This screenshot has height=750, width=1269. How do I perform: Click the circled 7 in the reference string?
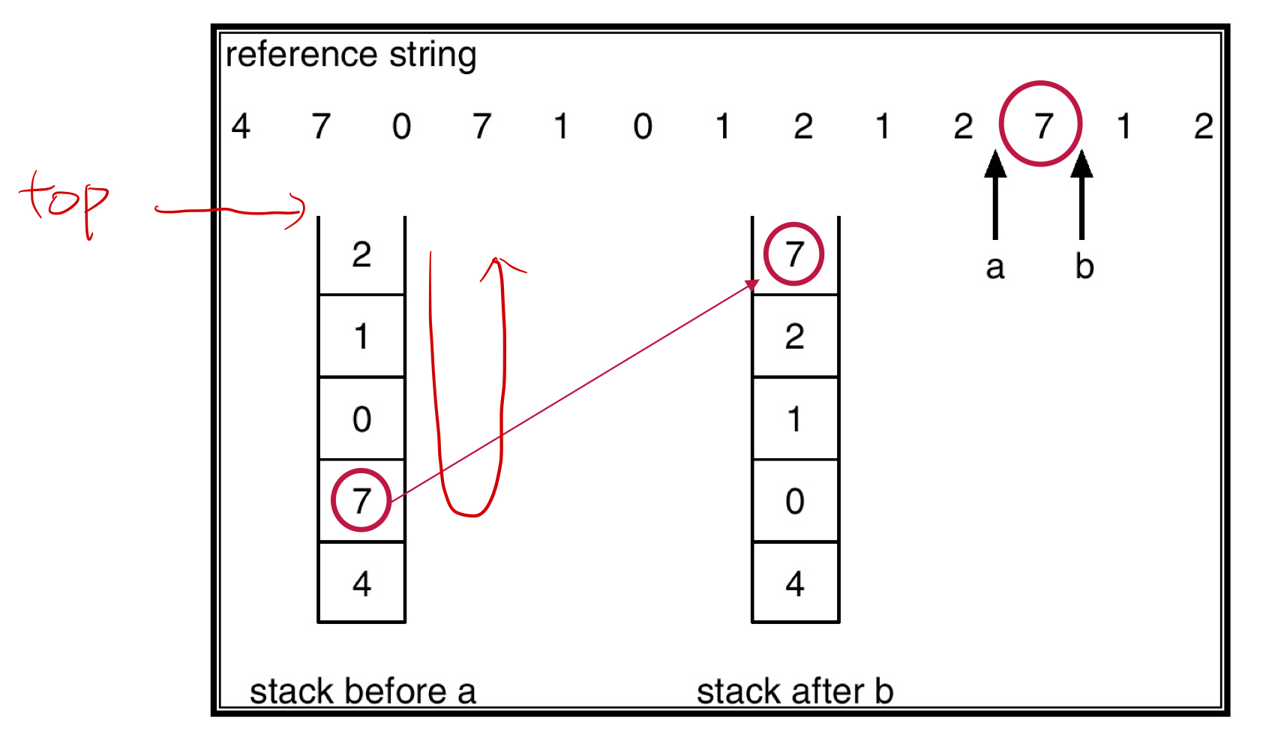[1041, 124]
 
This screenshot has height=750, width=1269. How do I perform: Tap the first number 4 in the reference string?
[241, 126]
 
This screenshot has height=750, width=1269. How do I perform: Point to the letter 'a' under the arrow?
[994, 267]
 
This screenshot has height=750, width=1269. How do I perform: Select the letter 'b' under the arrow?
[1084, 266]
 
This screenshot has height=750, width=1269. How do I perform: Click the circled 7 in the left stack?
[361, 500]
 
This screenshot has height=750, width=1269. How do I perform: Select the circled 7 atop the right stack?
[794, 254]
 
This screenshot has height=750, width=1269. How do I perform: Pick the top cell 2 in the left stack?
[361, 255]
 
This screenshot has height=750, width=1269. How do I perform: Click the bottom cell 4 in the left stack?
[361, 583]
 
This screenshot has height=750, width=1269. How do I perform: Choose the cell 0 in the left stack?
[361, 418]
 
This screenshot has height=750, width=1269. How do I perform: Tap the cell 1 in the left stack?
[361, 337]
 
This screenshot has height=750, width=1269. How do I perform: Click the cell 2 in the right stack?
[795, 337]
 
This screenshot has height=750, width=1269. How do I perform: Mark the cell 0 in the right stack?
[795, 501]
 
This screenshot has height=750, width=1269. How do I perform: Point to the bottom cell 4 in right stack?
[795, 583]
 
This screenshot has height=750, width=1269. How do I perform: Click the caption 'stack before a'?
[362, 691]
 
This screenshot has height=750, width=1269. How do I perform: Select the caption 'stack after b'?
[795, 691]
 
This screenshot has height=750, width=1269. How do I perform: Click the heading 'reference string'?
[351, 55]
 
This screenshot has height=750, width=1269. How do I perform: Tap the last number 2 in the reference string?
[1203, 126]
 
